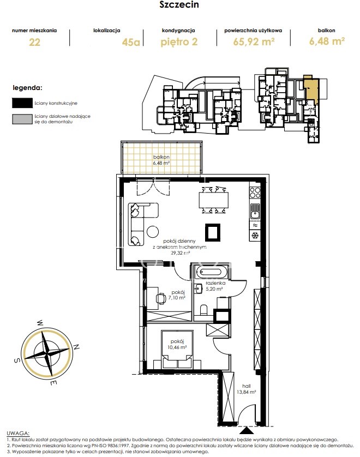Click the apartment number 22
coord(34,42)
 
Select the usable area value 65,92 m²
coord(254,41)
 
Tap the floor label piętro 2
coord(179,42)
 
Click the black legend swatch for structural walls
coord(22,103)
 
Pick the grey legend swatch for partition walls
coord(22,119)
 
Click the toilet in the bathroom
coord(204,310)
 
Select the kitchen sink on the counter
coord(255,211)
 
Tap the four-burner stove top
coord(255,193)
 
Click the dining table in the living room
coord(214,200)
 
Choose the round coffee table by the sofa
coord(153,232)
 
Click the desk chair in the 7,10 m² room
coord(160,298)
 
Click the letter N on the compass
coord(76,347)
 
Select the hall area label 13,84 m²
coord(247,392)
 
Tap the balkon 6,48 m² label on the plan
coord(161,160)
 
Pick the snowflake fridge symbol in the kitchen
coord(255,235)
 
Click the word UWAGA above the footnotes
coord(18,434)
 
